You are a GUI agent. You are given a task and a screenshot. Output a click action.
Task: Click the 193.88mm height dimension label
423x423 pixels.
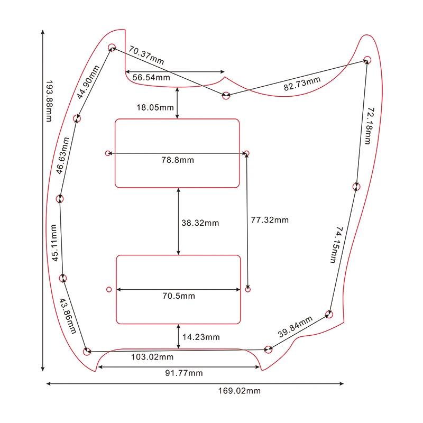(x=49, y=101)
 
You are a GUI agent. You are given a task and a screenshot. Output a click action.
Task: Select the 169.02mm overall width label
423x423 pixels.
(x=239, y=391)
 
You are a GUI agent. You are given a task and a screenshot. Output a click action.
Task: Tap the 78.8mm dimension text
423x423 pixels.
(x=178, y=160)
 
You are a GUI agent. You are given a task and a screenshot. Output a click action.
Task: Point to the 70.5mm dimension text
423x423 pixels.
(x=179, y=296)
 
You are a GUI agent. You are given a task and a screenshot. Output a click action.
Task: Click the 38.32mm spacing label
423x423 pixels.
(x=200, y=223)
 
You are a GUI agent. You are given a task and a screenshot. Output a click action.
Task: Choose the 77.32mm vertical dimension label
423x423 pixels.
(x=270, y=220)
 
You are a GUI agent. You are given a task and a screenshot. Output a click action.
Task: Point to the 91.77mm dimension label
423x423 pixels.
(x=183, y=373)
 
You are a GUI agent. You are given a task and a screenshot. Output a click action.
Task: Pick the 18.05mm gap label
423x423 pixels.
(x=155, y=107)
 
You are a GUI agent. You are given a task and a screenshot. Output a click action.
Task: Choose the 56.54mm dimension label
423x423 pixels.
(x=151, y=78)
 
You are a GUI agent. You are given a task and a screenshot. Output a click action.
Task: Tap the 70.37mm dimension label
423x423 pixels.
(x=146, y=56)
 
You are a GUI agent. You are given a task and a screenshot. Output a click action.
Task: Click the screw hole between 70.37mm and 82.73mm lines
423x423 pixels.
(x=226, y=96)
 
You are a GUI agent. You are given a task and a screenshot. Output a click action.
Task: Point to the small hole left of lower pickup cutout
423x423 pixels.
(x=109, y=289)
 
